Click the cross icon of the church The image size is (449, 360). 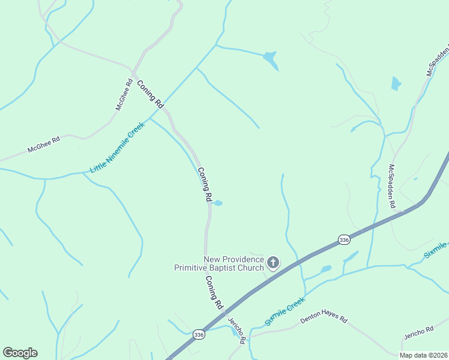pyautogui.click(x=273, y=262)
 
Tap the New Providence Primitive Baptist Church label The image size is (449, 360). pyautogui.click(x=219, y=263)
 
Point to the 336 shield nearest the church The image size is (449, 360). pyautogui.click(x=343, y=239)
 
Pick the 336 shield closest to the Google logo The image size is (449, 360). pyautogui.click(x=199, y=334)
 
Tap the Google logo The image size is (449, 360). pyautogui.click(x=20, y=353)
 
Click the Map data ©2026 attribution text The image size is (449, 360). pyautogui.click(x=424, y=355)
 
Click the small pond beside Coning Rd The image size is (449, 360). pyautogui.click(x=218, y=203)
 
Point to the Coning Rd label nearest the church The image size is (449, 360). pyautogui.click(x=214, y=292)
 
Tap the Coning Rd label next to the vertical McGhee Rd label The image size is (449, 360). pyautogui.click(x=150, y=94)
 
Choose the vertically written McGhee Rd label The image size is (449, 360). pyautogui.click(x=124, y=95)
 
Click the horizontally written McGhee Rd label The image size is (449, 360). pyautogui.click(x=44, y=145)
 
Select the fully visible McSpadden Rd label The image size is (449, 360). pyautogui.click(x=391, y=186)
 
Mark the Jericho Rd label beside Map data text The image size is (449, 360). pyautogui.click(x=418, y=330)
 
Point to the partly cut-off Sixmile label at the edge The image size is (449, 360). pyautogui.click(x=436, y=250)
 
